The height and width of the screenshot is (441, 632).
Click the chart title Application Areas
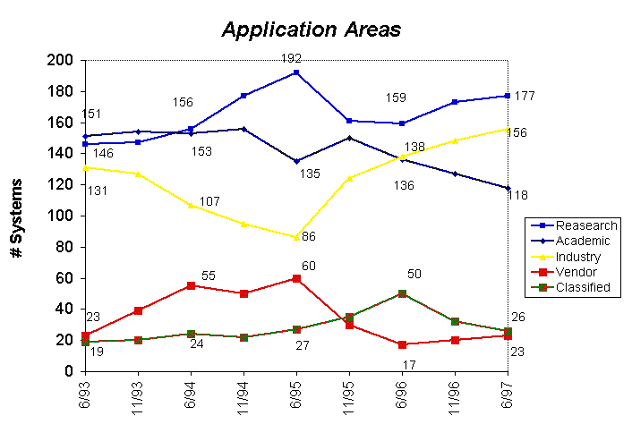pos(312,29)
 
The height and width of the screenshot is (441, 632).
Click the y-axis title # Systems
pos(17,218)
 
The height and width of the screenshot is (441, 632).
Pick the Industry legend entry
pos(577,257)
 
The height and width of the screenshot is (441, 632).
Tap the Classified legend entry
pos(582,287)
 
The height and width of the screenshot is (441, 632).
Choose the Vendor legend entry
pos(576,272)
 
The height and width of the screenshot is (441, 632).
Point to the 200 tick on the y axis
pos(63,60)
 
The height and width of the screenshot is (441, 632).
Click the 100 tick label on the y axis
pos(63,216)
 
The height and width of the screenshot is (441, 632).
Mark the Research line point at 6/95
pos(296,72)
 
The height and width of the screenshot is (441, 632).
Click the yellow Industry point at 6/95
pos(296,237)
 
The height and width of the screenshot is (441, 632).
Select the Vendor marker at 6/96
pos(403,344)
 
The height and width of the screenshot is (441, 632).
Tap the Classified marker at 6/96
pos(403,293)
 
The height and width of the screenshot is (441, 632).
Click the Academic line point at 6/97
pos(508,188)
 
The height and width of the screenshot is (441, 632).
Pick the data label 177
pos(525,96)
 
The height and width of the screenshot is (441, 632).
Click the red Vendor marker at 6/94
pos(191,285)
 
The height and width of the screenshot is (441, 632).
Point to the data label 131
pos(97,191)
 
